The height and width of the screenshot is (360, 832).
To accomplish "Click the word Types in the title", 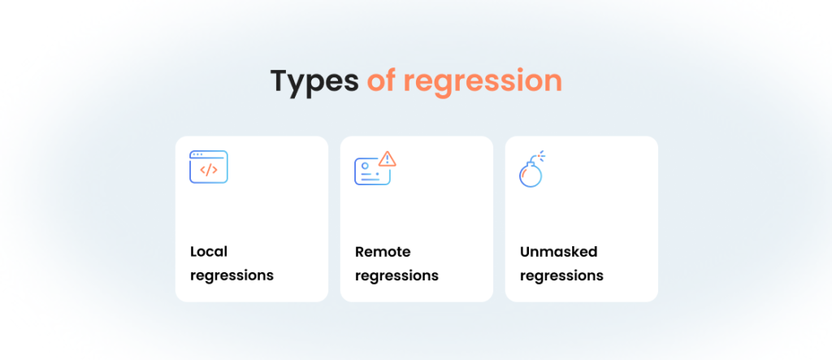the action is pyautogui.click(x=314, y=82).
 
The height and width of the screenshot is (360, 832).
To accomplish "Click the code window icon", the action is pyautogui.click(x=209, y=167).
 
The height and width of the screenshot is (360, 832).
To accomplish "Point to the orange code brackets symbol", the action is pyautogui.click(x=209, y=170).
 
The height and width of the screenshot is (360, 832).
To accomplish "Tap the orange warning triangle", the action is pyautogui.click(x=388, y=158).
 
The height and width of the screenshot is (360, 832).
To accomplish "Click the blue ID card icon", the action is pyautogui.click(x=371, y=171).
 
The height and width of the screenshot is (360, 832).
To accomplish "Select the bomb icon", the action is pyautogui.click(x=532, y=169).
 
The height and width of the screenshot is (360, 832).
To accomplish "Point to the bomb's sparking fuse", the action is pyautogui.click(x=539, y=157).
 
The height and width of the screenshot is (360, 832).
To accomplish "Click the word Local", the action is pyautogui.click(x=209, y=251).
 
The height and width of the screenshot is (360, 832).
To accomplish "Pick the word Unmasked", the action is pyautogui.click(x=559, y=251).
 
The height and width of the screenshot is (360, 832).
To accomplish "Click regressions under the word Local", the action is pyautogui.click(x=232, y=276).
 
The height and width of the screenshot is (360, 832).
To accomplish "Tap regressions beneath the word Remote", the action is pyautogui.click(x=396, y=276).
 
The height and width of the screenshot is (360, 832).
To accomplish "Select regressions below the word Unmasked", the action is pyautogui.click(x=561, y=276).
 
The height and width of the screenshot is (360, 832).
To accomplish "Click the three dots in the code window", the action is pyautogui.click(x=197, y=154).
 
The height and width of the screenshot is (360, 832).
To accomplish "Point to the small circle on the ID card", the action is pyautogui.click(x=365, y=166).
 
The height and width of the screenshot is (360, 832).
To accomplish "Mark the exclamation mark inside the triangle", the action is pyautogui.click(x=388, y=159).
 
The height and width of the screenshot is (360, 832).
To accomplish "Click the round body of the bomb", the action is pyautogui.click(x=531, y=176).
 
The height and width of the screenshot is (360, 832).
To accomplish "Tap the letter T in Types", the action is pyautogui.click(x=280, y=81).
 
